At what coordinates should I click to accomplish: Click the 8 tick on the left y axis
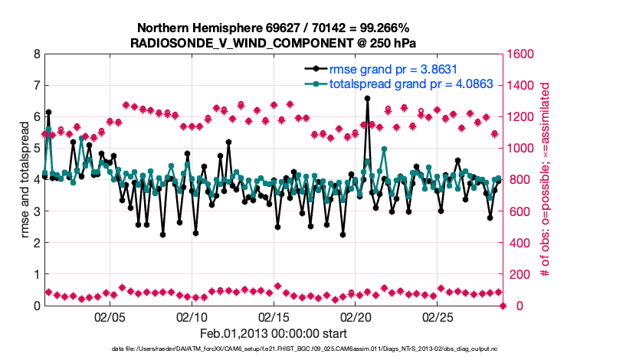coord(36,54)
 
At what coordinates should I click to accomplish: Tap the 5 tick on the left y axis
coord(36,149)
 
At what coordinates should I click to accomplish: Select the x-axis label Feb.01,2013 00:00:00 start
coord(273,334)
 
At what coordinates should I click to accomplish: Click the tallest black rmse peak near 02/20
coord(367,99)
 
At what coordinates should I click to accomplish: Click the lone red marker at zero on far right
coord(503,306)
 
